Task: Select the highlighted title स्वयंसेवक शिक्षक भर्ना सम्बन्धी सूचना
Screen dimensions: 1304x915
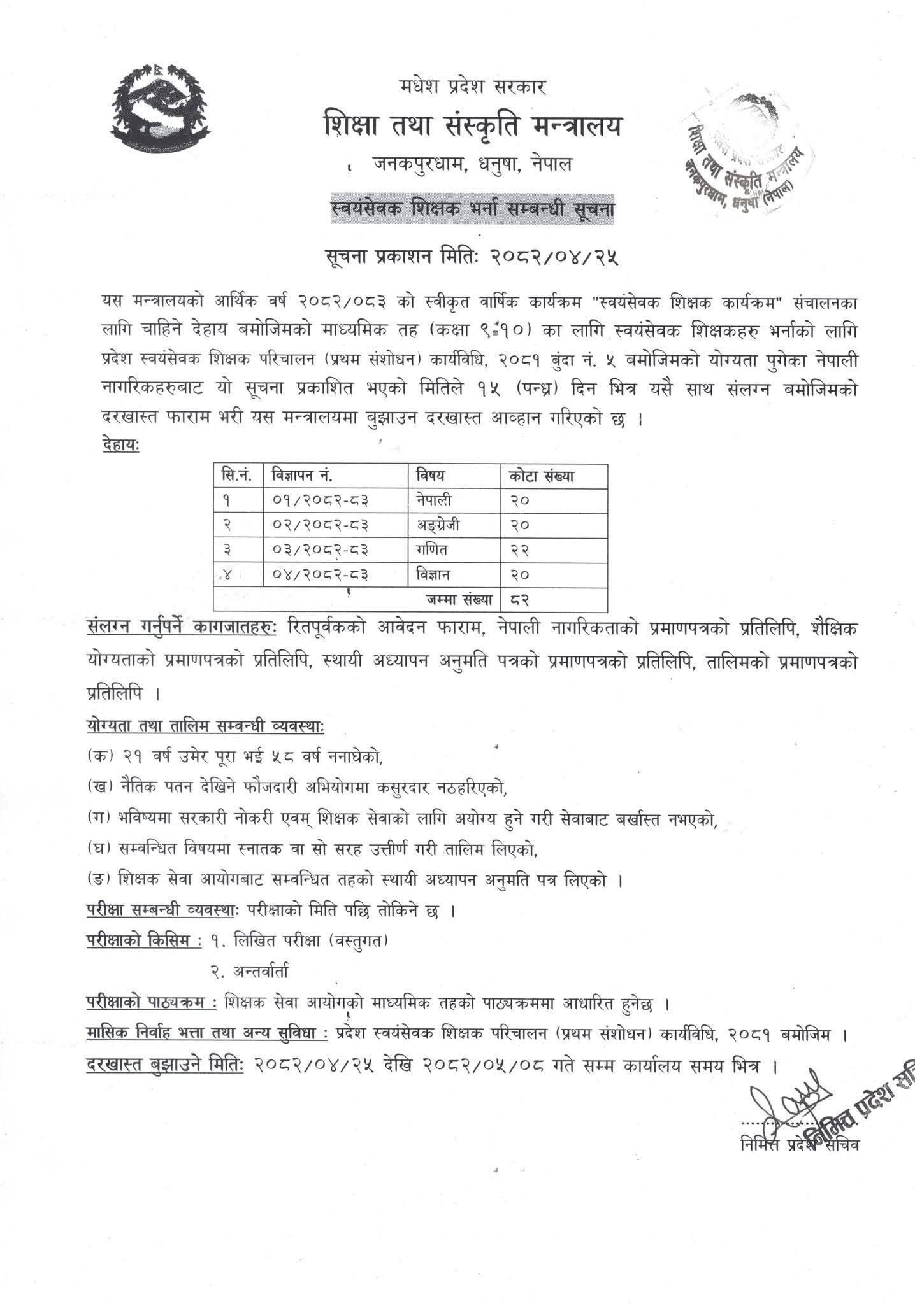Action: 472,208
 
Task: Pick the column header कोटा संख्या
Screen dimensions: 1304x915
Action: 542,475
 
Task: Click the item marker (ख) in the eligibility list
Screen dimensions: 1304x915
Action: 100,787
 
